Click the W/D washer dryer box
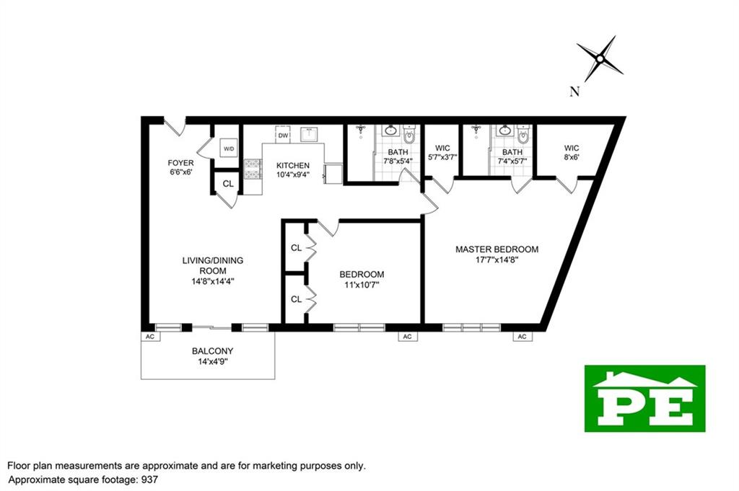(229, 149)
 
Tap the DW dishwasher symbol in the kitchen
(283, 135)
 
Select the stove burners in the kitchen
(253, 169)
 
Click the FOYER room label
(180, 163)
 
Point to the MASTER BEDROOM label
(497, 249)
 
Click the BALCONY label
(212, 351)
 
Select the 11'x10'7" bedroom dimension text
(362, 284)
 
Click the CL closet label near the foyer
(228, 184)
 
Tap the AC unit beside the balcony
(150, 337)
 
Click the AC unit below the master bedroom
(522, 337)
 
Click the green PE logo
(644, 398)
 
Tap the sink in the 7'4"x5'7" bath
(504, 132)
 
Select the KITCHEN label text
(293, 165)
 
